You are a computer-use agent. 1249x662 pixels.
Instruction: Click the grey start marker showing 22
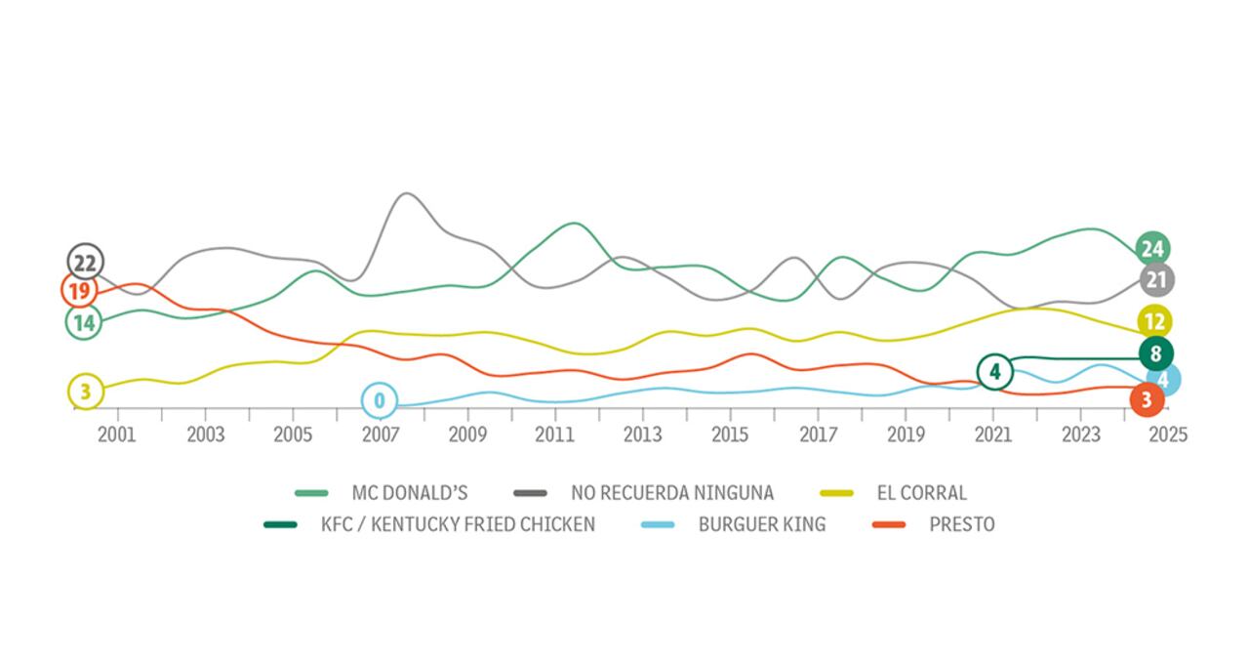[x=86, y=262]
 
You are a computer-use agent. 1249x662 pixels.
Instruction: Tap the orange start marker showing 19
[x=79, y=291]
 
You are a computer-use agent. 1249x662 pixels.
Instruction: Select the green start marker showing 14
[x=84, y=322]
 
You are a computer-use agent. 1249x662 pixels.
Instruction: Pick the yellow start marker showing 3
[x=85, y=392]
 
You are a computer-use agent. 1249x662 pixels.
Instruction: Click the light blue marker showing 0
[x=380, y=400]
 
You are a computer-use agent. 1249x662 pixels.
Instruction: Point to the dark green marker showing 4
[x=994, y=372]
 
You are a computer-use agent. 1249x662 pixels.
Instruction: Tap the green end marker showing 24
[x=1153, y=249]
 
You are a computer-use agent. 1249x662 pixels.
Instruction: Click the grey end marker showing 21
[x=1156, y=280]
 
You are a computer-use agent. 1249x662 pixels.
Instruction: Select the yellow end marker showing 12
[x=1154, y=321]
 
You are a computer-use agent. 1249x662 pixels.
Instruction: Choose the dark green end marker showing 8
[x=1156, y=353]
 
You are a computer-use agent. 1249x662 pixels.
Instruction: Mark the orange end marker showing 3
[x=1147, y=399]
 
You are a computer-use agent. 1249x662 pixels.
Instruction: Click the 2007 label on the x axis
[x=380, y=434]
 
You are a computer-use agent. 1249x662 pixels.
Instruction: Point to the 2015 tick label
[x=730, y=434]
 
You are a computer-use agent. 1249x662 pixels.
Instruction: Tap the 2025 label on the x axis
[x=1168, y=434]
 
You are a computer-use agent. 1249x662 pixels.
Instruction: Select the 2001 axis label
[x=117, y=434]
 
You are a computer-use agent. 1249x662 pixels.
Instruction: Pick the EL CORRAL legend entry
[x=921, y=493]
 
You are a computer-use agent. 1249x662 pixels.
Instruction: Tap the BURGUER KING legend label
[x=761, y=524]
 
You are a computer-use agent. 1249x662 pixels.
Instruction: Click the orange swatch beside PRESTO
[x=887, y=524]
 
